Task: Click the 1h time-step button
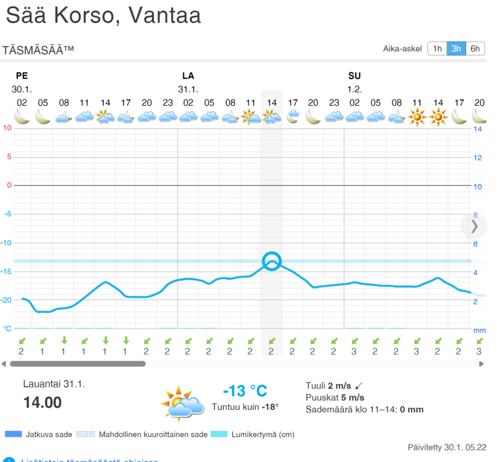(437, 49)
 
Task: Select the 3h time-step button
(456, 49)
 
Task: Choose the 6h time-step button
(475, 49)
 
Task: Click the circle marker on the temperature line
(272, 262)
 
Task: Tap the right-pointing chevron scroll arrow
(474, 226)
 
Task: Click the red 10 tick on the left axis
(7, 128)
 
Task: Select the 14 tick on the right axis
(478, 129)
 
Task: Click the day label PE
(22, 76)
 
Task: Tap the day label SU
(354, 76)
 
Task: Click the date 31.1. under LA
(188, 90)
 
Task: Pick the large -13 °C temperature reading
(245, 391)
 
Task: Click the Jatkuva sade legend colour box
(13, 434)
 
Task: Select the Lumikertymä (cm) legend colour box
(219, 434)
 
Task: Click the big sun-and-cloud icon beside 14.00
(182, 401)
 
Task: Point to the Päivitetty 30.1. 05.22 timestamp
(447, 448)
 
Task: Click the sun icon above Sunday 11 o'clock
(417, 118)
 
